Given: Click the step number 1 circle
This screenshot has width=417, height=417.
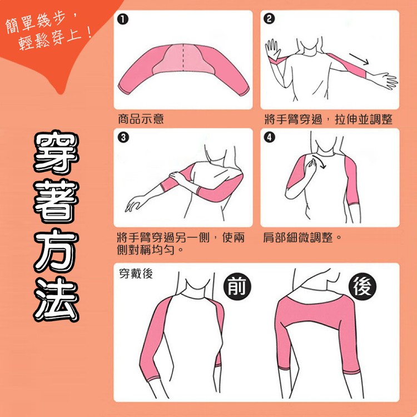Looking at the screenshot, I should tap(122, 20).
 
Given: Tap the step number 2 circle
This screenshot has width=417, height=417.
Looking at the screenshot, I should tap(269, 20).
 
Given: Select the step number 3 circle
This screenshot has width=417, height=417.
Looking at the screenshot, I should tap(122, 137).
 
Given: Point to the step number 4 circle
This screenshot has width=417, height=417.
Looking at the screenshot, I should tap(269, 137).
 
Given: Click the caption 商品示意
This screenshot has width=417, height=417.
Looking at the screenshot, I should tap(141, 119).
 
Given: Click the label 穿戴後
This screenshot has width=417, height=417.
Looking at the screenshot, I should tap(136, 274).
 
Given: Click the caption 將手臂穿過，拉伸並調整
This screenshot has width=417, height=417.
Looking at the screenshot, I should tap(329, 119).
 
